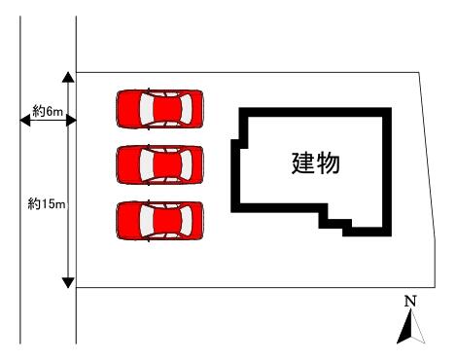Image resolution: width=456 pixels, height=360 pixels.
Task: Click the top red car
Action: pos(159,109)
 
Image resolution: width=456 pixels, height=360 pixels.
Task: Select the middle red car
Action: pos(159,164)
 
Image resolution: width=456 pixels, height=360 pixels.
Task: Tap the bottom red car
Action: pos(159,221)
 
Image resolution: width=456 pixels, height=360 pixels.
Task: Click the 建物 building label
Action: pos(316,163)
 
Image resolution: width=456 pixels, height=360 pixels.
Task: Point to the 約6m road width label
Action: pos(48,111)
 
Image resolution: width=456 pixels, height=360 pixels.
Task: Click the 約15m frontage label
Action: pos(47,203)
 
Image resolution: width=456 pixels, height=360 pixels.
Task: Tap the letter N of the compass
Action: pos(410,302)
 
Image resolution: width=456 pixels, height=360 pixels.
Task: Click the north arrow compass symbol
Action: pos(411,327)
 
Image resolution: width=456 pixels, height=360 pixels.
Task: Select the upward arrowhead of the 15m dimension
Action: pos(68,77)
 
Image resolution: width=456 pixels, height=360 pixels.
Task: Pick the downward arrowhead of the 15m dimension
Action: pos(68,283)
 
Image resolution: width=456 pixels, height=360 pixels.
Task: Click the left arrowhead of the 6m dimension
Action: pos(25,121)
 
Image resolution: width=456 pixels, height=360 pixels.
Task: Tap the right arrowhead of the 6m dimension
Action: pos(71,121)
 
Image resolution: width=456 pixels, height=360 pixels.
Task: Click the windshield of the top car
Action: pos(147,109)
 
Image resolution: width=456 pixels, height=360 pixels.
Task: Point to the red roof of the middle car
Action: pos(166,164)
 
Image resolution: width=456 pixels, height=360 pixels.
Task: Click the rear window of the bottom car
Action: pos(186,221)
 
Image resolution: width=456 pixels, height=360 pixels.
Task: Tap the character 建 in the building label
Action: pos(303,163)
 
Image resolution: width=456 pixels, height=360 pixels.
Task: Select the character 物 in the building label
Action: pos(329,163)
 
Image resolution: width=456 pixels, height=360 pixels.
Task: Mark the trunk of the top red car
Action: pos(197,109)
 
